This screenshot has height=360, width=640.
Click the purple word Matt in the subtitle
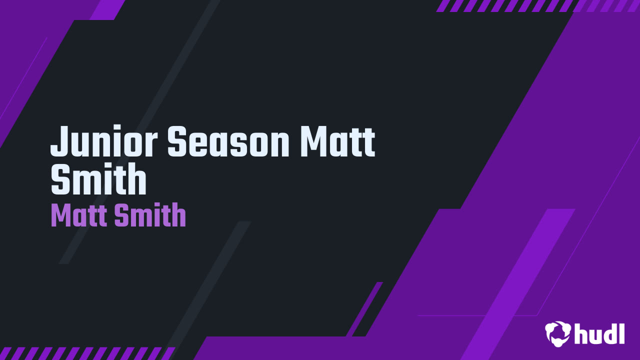(79, 216)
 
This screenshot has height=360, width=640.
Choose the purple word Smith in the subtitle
(150, 216)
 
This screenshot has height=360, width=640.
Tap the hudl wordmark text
(599, 333)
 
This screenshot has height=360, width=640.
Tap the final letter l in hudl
(621, 333)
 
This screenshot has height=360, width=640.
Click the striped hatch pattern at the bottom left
(85, 353)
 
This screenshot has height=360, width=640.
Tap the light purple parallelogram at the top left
(107, 9)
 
